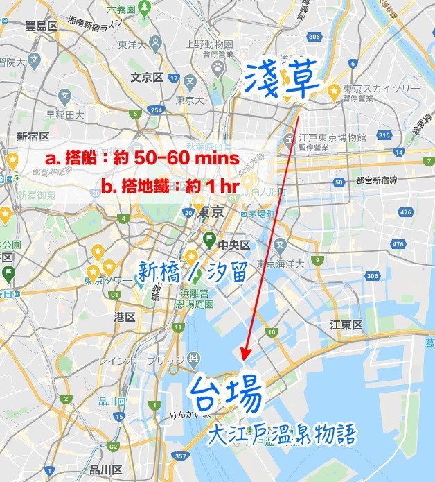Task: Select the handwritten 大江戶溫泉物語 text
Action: pos(285,435)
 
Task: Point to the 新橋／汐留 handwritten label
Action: pos(192,271)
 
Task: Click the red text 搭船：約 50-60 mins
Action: pos(142,158)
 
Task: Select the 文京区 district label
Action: pos(145,77)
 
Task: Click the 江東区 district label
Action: pos(346,325)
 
